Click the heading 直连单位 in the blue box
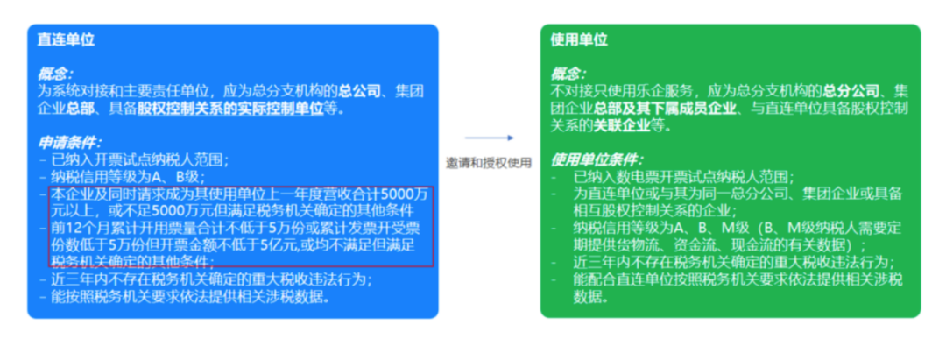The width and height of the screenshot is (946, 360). coord(66,40)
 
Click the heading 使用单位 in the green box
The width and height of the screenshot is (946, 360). coord(579,40)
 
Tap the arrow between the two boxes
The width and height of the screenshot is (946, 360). coord(490,138)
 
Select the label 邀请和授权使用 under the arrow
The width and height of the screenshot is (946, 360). coord(489,163)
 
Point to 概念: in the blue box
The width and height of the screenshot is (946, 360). coord(55,74)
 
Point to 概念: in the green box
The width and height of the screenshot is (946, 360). coord(568,74)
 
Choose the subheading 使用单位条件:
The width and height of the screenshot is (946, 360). coord(597,160)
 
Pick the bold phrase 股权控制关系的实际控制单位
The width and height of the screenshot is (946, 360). coord(230,109)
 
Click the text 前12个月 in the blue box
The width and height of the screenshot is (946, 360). coord(80,229)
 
